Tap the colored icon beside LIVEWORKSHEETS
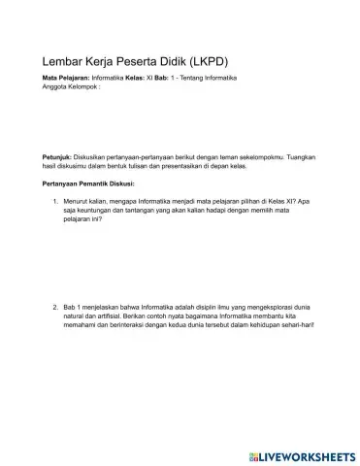[252, 453]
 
